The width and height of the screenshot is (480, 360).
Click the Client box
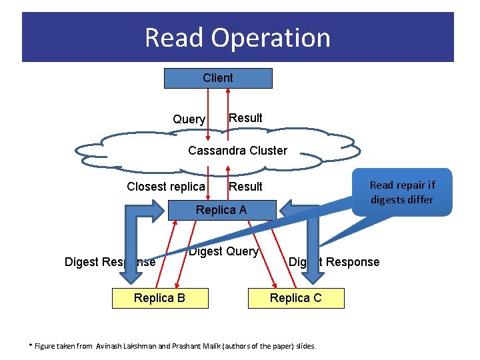pos(218,78)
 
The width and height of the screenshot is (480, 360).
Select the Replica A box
pos(221,210)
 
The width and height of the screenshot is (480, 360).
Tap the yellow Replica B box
pos(159,298)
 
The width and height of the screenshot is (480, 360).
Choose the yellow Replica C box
pos(295,298)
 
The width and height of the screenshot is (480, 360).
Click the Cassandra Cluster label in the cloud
pos(237,151)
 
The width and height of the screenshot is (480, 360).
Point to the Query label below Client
pos(189,119)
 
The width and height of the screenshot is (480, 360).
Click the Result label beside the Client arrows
pos(245,118)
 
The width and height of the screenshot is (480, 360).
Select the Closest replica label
pos(166,187)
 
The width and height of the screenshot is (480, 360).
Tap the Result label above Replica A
pos(245,187)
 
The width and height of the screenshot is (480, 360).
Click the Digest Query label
pos(223,251)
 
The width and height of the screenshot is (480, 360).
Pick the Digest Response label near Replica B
pos(110,262)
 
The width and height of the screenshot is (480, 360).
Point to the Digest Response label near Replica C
pos(334,262)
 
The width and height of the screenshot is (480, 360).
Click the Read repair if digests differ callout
pos(401,193)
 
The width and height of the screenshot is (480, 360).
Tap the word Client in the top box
pos(218,78)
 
